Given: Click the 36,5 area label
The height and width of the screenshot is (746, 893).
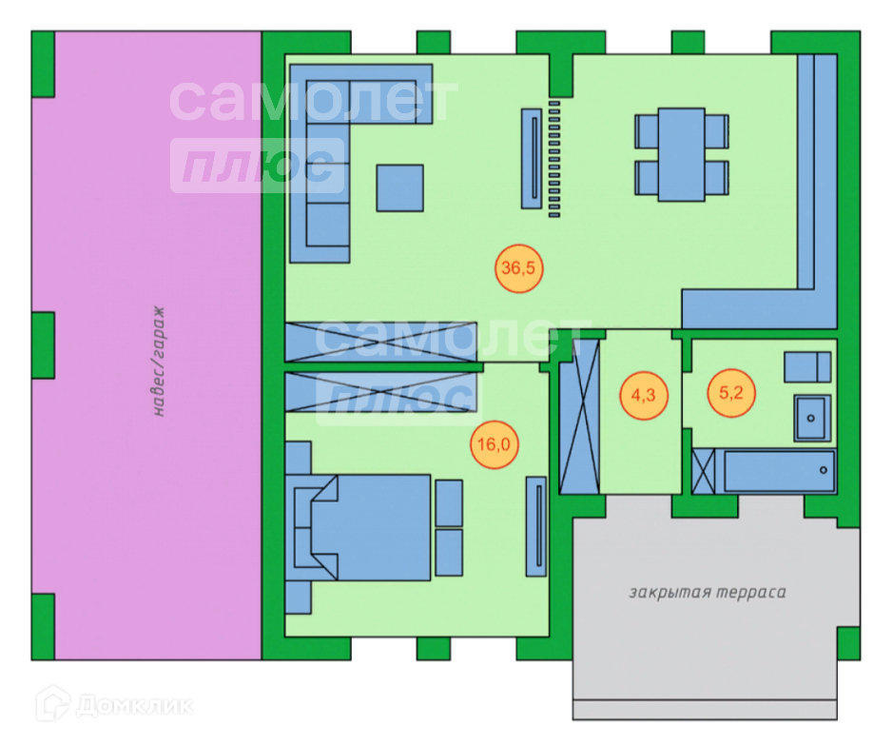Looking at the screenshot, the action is pos(519,268).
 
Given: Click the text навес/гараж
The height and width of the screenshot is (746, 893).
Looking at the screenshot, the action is pos(159,363).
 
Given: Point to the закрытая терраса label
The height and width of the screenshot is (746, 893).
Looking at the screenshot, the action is pos(707,593).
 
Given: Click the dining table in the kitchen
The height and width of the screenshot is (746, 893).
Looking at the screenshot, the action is pos(681,154).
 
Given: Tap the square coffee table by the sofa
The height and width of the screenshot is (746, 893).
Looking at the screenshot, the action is pos(399,187).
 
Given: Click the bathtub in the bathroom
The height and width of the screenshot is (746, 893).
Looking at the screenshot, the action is pos(779,471).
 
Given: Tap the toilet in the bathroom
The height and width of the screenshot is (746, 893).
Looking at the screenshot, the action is pos(807,366).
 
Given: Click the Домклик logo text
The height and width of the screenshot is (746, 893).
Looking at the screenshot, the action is pos(134,706).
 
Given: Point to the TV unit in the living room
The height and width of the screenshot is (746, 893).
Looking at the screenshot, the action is pos(533,158).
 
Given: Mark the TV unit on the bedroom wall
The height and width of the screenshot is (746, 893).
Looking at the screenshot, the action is pos(537,525).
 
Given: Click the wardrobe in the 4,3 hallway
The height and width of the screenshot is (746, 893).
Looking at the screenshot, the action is pos(579,416).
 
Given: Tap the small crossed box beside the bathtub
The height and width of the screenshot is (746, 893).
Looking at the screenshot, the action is pos(705,471).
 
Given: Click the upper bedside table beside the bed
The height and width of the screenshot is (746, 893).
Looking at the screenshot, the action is pos(449,502).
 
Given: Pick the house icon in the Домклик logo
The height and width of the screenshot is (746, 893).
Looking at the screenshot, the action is pos(51,705).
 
